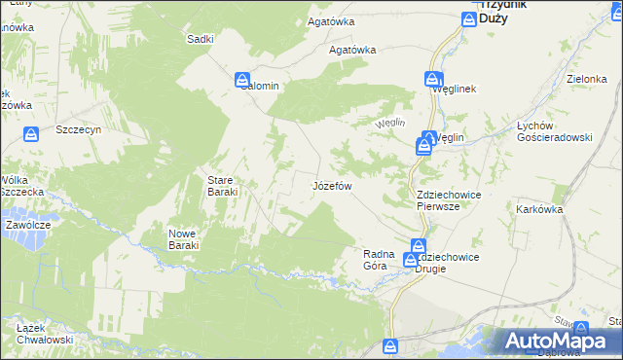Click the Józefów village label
(331, 185)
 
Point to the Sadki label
(200, 39)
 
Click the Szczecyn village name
(79, 128)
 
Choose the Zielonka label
(587, 79)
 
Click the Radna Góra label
(378, 260)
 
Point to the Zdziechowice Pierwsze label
(449, 200)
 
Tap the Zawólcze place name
(27, 224)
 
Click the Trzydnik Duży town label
(502, 11)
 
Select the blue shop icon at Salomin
(242, 78)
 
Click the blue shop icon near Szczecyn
(32, 132)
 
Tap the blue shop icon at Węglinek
(431, 80)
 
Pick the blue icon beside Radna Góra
(411, 260)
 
